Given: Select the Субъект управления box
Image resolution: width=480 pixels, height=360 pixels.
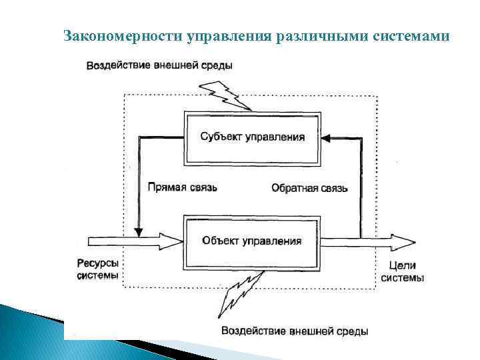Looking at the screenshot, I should tap(253, 137).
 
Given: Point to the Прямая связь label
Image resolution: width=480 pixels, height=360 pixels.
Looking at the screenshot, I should tap(182, 188).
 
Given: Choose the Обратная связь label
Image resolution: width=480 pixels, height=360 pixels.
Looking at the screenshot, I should tap(309, 188).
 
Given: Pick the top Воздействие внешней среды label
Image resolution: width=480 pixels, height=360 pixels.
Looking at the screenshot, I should tap(159, 65).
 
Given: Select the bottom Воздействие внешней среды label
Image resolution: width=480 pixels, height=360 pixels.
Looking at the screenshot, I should tap(294, 331).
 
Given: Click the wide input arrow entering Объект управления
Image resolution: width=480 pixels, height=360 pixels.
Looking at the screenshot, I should tap(130, 240).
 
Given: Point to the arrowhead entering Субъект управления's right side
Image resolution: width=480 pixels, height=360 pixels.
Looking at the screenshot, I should tap(326, 138).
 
